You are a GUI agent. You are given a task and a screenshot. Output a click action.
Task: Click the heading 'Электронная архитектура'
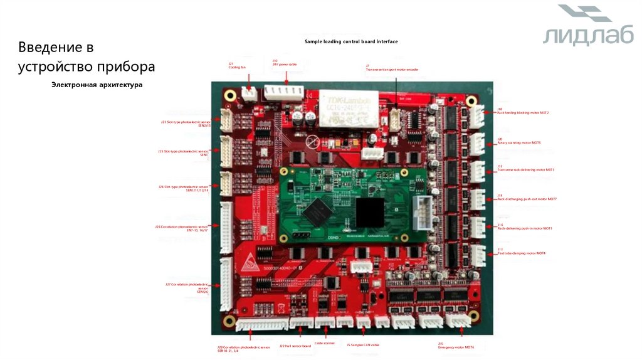[97, 85]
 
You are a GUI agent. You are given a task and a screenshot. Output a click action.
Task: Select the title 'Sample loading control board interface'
[351, 41]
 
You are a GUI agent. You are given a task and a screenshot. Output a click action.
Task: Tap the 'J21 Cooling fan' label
[237, 65]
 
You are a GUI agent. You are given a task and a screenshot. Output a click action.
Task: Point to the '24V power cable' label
[284, 63]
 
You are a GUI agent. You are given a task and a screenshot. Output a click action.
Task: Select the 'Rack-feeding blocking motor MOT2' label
[523, 111]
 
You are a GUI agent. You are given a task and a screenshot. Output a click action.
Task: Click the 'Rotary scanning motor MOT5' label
[518, 141]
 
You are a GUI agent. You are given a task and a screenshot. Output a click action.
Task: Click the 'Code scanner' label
[325, 343]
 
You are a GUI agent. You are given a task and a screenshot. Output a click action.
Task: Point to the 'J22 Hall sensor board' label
[295, 346]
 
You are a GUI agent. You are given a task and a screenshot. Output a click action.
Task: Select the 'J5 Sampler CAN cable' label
[363, 345]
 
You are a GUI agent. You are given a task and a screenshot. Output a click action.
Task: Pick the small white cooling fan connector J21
[250, 93]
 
